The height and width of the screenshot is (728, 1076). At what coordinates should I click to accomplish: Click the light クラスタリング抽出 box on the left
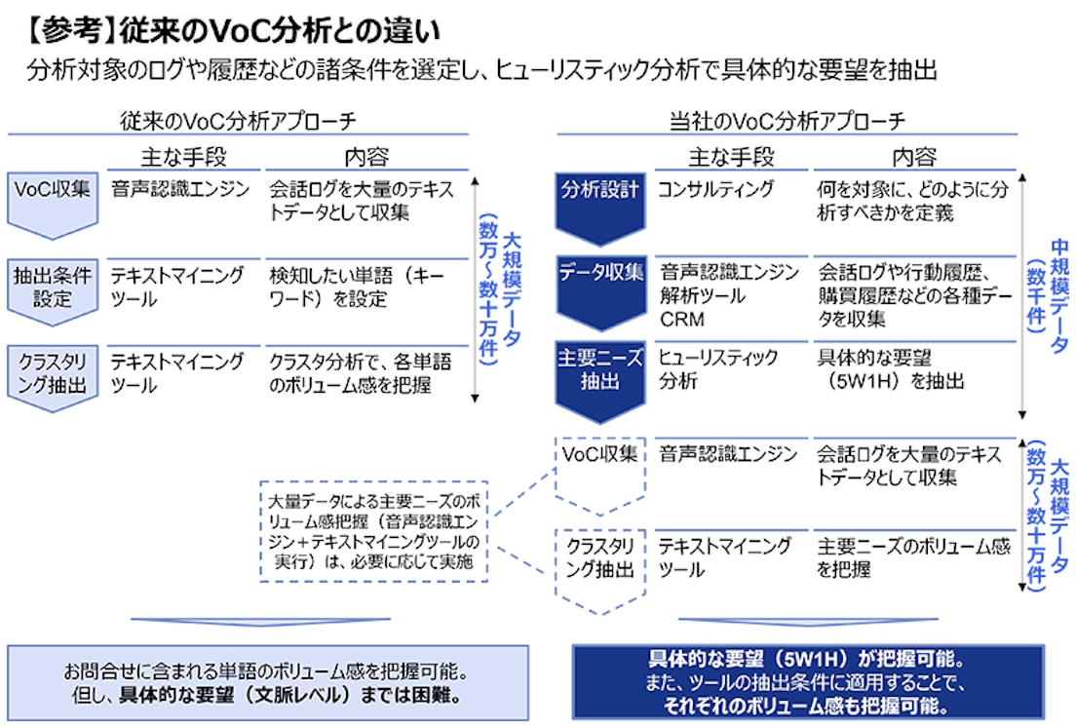point(53,374)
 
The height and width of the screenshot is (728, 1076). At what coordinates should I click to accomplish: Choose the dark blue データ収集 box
point(599,283)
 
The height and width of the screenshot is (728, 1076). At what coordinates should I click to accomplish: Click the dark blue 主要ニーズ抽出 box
point(599,370)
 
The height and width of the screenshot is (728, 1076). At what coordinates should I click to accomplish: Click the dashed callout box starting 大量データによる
point(374,531)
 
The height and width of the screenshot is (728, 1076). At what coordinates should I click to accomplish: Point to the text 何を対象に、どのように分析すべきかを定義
point(912,200)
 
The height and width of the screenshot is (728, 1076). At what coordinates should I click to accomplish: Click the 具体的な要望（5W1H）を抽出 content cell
point(891,369)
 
